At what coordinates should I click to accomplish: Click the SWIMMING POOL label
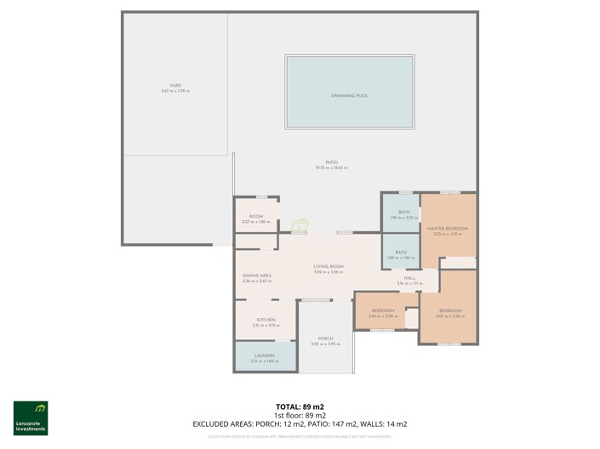coord(350,96)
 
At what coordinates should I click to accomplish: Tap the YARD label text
coord(175,86)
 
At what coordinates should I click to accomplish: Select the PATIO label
coord(331,162)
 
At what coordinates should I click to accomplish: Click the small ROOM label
coord(256,217)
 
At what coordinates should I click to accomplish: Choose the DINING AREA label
coord(256,276)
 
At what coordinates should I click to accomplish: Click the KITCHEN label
coord(266,320)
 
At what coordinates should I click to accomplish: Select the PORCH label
coord(325,338)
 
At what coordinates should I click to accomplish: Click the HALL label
coord(409,278)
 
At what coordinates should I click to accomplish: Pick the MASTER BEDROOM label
coord(448,229)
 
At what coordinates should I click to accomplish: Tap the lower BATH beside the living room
coord(400,253)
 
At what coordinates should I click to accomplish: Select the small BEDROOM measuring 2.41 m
coord(383,310)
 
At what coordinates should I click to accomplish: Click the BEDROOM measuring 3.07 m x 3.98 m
coord(450,311)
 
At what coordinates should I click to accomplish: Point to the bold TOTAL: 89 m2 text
coord(300,407)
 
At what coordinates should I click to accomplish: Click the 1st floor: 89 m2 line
coord(300,415)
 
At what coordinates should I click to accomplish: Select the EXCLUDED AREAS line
coord(300,423)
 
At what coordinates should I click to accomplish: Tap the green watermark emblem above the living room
coord(300,226)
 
